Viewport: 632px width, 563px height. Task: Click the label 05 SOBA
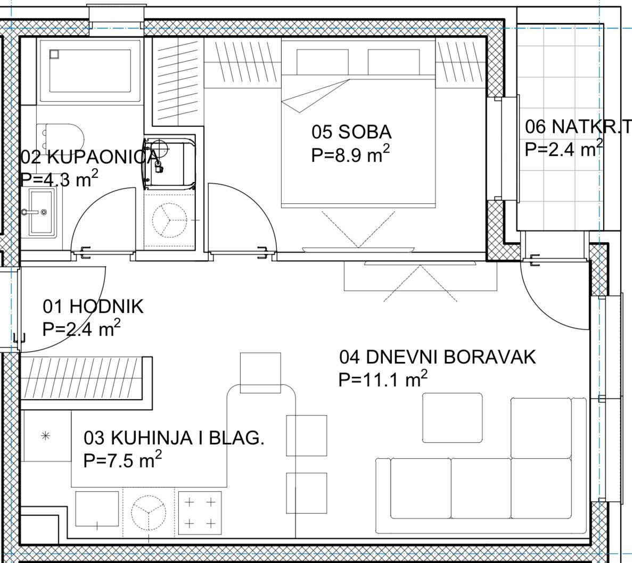[351, 132]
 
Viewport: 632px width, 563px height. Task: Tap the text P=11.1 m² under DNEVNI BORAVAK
[383, 379]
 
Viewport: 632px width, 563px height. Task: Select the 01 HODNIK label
[93, 307]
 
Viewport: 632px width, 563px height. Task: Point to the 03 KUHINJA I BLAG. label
[174, 438]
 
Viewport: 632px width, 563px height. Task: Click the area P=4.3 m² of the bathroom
[59, 179]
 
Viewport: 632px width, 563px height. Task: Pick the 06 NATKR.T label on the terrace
[577, 127]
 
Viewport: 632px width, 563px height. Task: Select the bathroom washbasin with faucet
[39, 212]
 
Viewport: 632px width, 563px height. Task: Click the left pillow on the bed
[323, 62]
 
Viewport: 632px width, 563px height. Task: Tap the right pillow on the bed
[394, 62]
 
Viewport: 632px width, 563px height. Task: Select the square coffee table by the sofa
[452, 418]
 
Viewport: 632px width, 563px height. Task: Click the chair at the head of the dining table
[260, 372]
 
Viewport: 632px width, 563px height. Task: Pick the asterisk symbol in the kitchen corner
[46, 435]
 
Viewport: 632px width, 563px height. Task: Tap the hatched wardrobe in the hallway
[83, 378]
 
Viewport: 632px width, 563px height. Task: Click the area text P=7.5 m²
[122, 460]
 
